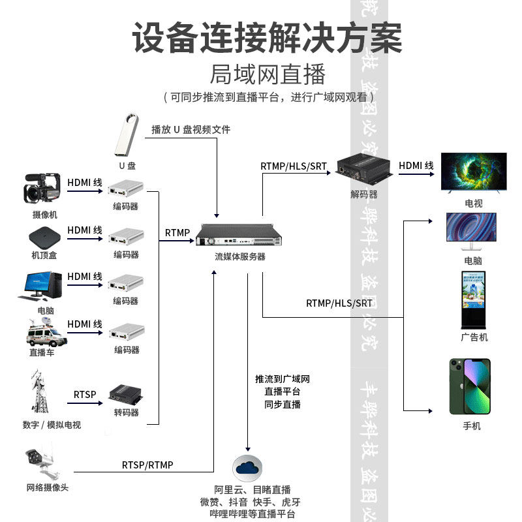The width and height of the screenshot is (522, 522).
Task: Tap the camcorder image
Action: [42, 189]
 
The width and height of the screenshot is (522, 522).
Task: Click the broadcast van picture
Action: [46, 333]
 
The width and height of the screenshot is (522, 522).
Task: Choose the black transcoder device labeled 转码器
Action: [126, 393]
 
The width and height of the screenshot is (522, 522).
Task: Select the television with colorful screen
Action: [474, 172]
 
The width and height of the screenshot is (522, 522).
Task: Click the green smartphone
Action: [470, 386]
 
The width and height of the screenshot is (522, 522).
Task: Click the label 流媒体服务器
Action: [240, 256]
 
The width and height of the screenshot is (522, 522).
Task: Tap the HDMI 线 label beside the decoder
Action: [416, 166]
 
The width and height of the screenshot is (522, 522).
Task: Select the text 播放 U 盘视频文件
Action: [191, 129]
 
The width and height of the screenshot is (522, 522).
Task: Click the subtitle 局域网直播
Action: [268, 74]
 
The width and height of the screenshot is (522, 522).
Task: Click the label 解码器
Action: [363, 194]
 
